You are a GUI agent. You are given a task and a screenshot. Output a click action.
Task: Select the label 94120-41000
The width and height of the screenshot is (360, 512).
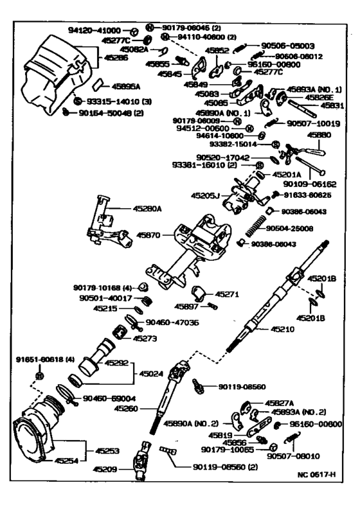click(94, 30)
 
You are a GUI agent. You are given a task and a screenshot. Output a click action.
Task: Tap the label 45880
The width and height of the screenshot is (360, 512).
click(319, 136)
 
